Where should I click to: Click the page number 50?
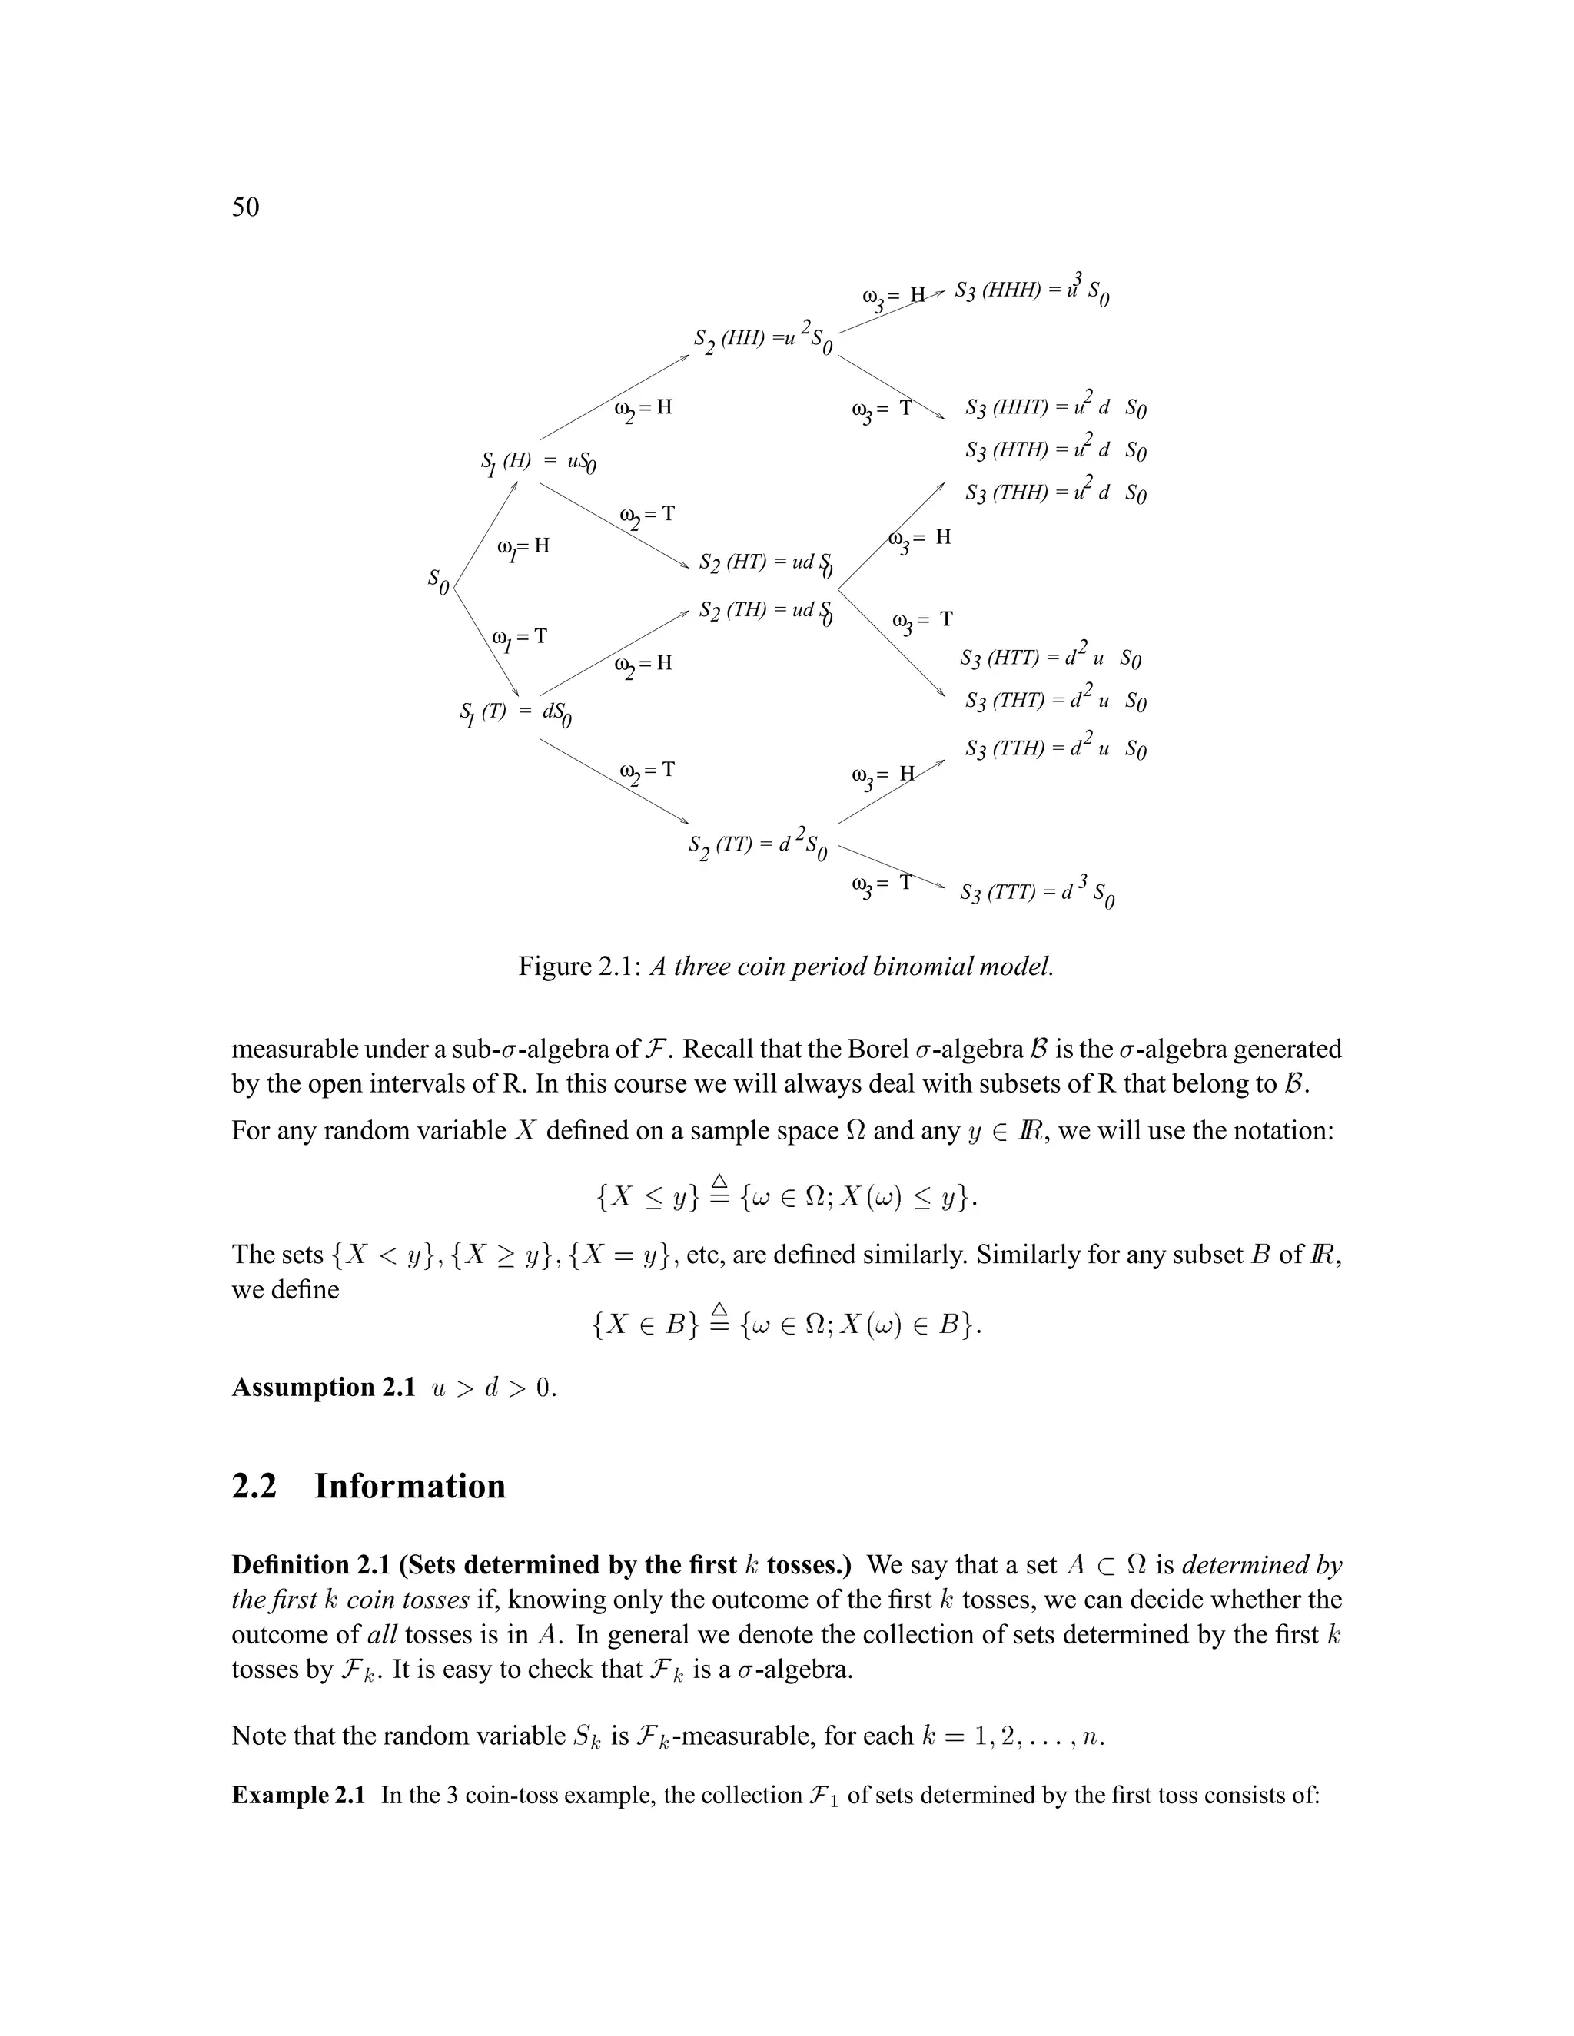click(245, 207)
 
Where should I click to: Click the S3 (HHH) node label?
click(1031, 291)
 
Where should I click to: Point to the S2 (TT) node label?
click(757, 846)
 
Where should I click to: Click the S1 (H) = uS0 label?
click(538, 463)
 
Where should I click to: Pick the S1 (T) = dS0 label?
click(516, 713)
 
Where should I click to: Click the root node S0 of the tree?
click(438, 580)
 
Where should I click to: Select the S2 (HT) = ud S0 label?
click(765, 563)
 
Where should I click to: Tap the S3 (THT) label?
click(1054, 700)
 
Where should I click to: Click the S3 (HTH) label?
click(1054, 450)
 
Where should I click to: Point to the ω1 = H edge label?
click(523, 547)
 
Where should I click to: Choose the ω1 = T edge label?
click(520, 638)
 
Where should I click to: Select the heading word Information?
click(410, 1486)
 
